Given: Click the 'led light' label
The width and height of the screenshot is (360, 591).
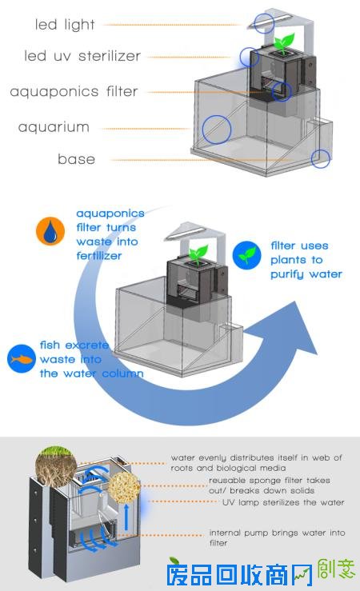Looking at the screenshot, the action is (65, 25).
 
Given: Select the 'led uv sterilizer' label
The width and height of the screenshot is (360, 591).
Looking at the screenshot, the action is (82, 56).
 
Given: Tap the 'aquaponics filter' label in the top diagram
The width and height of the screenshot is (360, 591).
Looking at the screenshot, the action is (74, 92).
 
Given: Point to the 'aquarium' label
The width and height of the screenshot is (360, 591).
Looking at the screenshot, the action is (54, 126).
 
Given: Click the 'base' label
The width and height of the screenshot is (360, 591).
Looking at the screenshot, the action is (76, 158).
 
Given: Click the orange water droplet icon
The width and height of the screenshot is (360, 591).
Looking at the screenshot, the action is (50, 231).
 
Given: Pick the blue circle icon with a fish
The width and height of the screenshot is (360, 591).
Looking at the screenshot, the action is (22, 359).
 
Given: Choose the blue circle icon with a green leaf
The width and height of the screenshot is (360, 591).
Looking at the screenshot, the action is (247, 256).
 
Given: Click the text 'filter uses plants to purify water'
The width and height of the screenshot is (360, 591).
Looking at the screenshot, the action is (306, 260).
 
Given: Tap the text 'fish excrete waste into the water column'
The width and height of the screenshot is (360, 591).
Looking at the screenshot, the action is (92, 359).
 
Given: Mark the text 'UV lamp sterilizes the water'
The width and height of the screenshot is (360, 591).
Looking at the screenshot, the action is (283, 502).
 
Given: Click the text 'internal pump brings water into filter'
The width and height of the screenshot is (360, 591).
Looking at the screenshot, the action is (277, 538).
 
